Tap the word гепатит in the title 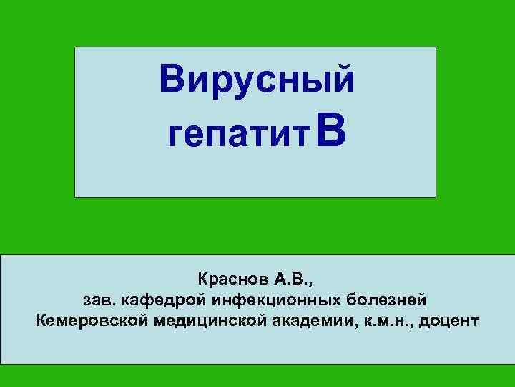236,135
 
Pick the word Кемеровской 91,319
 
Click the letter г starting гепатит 172,136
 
